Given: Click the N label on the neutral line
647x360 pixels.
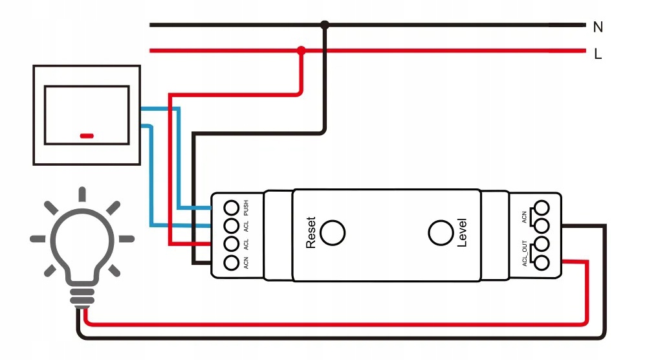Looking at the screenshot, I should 598,27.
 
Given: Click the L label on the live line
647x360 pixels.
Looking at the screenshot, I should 598,54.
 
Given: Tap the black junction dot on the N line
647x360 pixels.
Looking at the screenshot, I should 325,25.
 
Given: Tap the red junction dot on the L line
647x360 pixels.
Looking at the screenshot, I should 301,50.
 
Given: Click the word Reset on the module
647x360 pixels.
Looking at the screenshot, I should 311,232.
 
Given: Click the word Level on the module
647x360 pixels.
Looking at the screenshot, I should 462,232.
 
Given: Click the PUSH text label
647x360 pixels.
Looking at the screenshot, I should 247,208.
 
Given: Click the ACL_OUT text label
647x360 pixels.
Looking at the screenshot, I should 525,253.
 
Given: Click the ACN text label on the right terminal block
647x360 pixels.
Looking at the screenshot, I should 525,216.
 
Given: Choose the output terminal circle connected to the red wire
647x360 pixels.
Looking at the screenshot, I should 542,262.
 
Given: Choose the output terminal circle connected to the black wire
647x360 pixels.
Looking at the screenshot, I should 542,225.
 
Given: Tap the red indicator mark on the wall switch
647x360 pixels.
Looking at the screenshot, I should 87,136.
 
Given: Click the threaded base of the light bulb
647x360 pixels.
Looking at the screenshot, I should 82,297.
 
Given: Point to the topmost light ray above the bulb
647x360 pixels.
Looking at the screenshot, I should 82,194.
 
